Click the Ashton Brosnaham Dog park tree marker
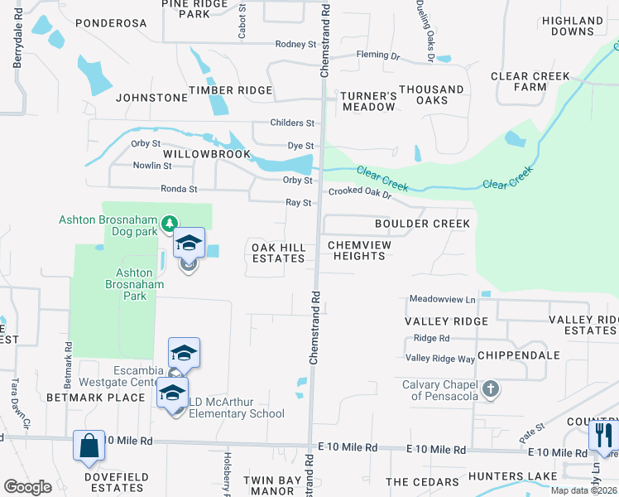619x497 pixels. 170,223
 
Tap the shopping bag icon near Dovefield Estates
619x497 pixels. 88,446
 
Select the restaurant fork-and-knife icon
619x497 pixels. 603,435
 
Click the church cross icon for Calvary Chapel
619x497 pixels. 491,388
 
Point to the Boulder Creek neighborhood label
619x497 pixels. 422,224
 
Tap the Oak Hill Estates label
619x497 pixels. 278,253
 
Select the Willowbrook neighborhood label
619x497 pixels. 206,155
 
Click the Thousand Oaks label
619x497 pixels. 431,94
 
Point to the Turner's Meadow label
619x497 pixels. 369,102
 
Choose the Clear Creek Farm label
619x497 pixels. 530,81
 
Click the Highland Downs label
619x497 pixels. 572,26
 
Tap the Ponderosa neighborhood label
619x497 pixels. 110,23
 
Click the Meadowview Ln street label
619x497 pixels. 443,299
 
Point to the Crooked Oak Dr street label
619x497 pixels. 359,192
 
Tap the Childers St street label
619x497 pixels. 293,123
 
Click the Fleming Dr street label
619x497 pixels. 377,56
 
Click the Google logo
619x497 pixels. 28,487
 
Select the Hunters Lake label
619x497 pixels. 501,476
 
